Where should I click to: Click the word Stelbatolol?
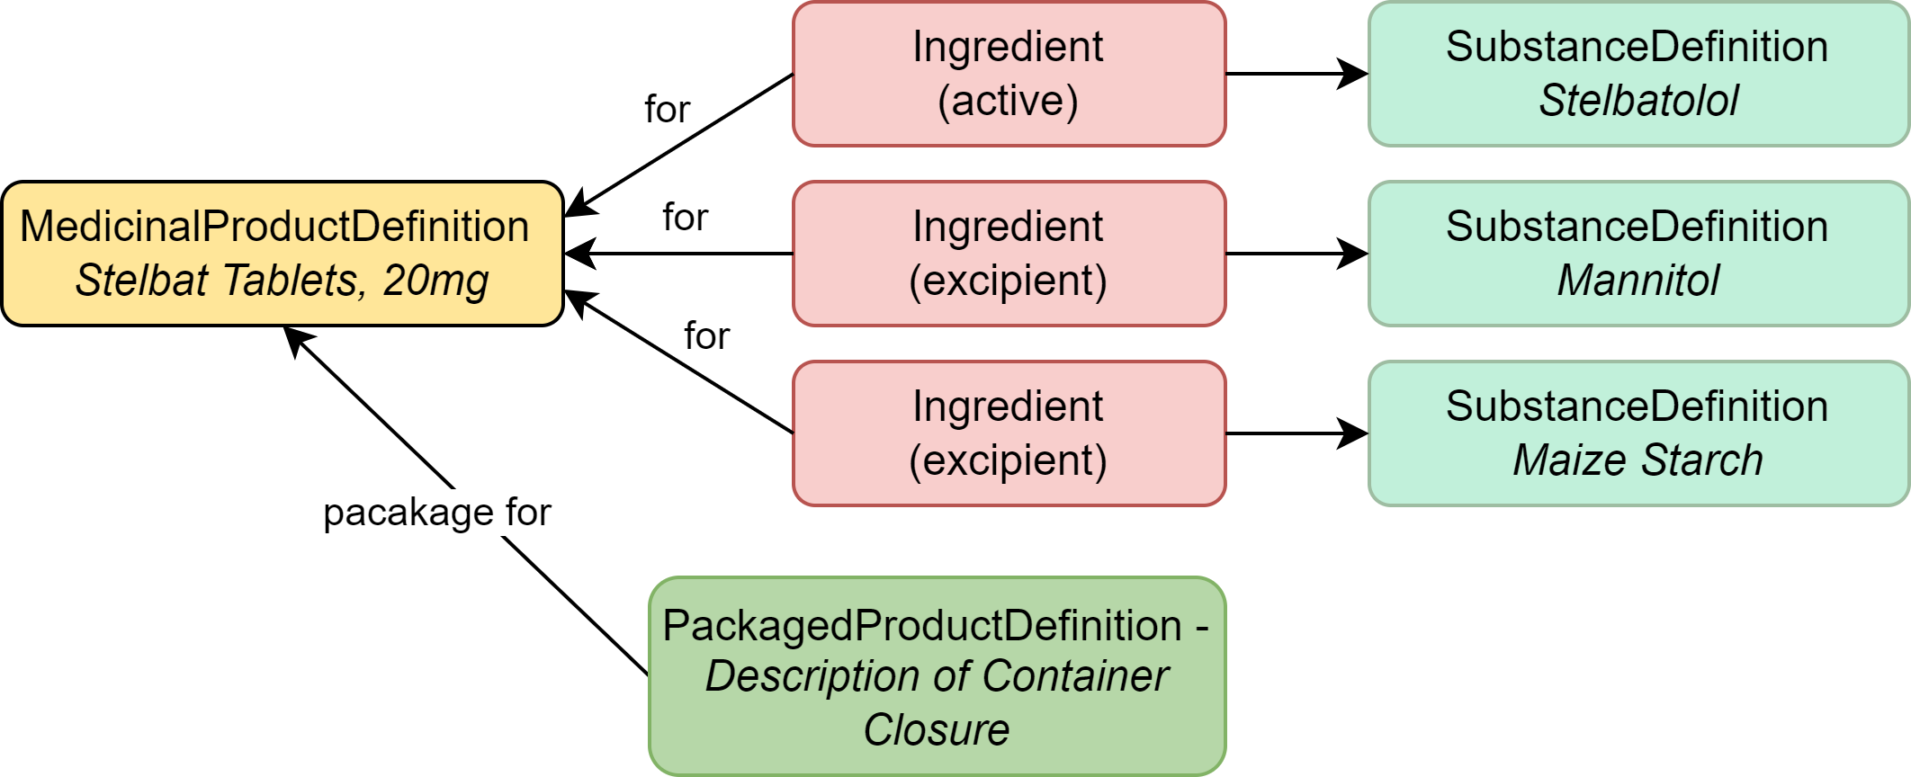pos(1637,101)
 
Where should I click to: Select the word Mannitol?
pos(1637,281)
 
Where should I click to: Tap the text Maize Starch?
pos(1637,460)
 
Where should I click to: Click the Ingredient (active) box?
pos(1009,74)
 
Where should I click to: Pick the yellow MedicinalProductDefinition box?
pos(283,254)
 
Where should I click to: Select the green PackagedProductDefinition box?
pos(937,676)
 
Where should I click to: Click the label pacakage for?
pos(436,513)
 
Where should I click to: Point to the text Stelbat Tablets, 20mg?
pos(283,281)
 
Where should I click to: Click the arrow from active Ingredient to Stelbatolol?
pos(1296,74)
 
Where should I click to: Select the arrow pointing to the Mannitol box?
pos(1296,254)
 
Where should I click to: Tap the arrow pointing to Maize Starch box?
pos(1296,433)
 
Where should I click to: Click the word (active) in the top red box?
pos(1008,101)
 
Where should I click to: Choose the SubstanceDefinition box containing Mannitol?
pos(1637,254)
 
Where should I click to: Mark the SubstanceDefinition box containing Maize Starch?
pos(1637,433)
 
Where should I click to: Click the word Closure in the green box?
pos(937,729)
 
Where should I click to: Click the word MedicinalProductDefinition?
pos(274,227)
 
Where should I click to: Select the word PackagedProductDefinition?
pos(922,626)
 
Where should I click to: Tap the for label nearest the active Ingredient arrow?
pos(667,110)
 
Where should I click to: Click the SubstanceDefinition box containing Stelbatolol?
pos(1637,74)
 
